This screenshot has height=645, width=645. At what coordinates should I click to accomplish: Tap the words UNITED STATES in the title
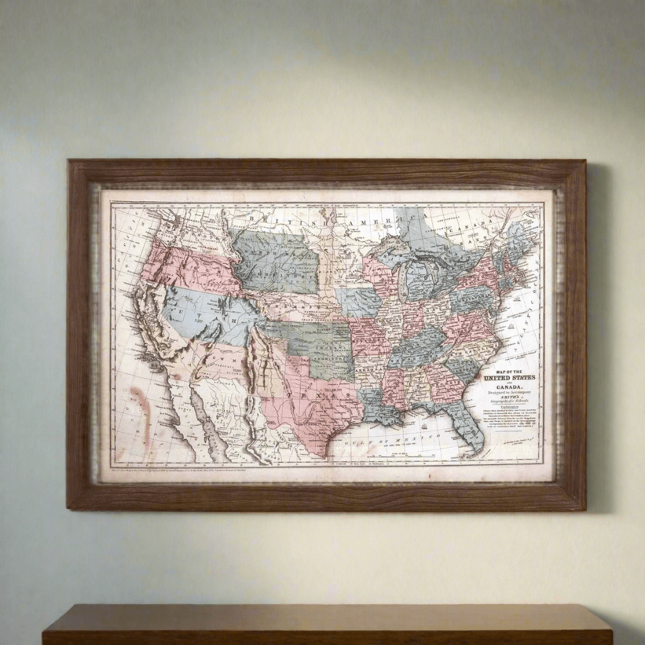tap(510, 377)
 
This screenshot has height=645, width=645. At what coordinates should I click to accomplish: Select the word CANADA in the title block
tap(509, 386)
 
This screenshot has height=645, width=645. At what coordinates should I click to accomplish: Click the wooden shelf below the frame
tap(328, 624)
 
